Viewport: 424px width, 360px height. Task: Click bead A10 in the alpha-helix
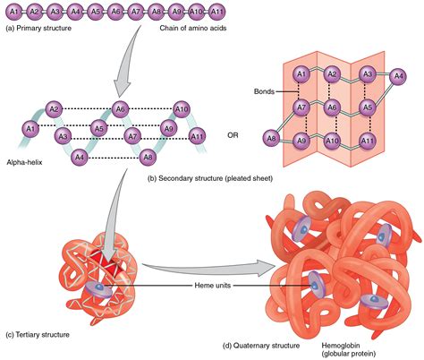182,109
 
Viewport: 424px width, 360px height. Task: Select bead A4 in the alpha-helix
80,158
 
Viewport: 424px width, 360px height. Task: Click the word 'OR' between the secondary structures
233,136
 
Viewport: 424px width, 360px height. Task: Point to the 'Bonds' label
264,91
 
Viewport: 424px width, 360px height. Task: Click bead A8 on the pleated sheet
270,138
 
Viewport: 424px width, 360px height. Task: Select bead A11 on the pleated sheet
365,141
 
